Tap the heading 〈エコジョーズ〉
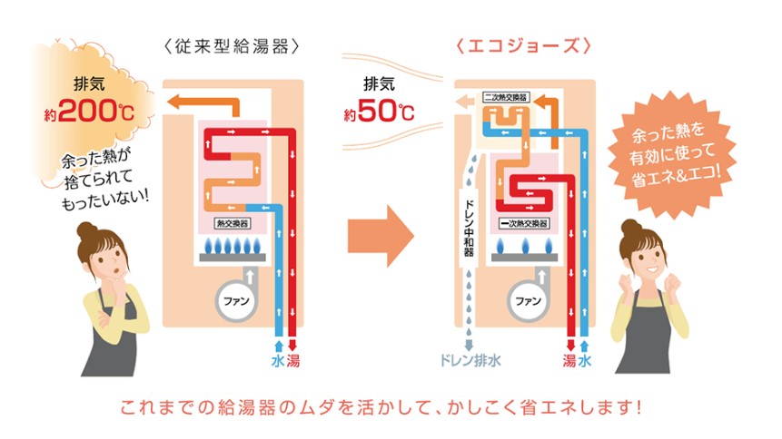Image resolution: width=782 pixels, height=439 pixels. point(525,45)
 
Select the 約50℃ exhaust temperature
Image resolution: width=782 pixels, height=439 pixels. point(379,113)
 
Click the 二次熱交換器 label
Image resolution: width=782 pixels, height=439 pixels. point(505,95)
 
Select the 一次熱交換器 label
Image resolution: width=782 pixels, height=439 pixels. point(522,221)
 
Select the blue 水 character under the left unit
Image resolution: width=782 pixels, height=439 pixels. point(277,362)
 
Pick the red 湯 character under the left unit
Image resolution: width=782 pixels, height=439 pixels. point(293,362)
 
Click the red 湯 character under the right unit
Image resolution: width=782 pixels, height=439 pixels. point(569,362)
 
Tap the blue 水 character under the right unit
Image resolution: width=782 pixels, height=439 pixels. point(586,362)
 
